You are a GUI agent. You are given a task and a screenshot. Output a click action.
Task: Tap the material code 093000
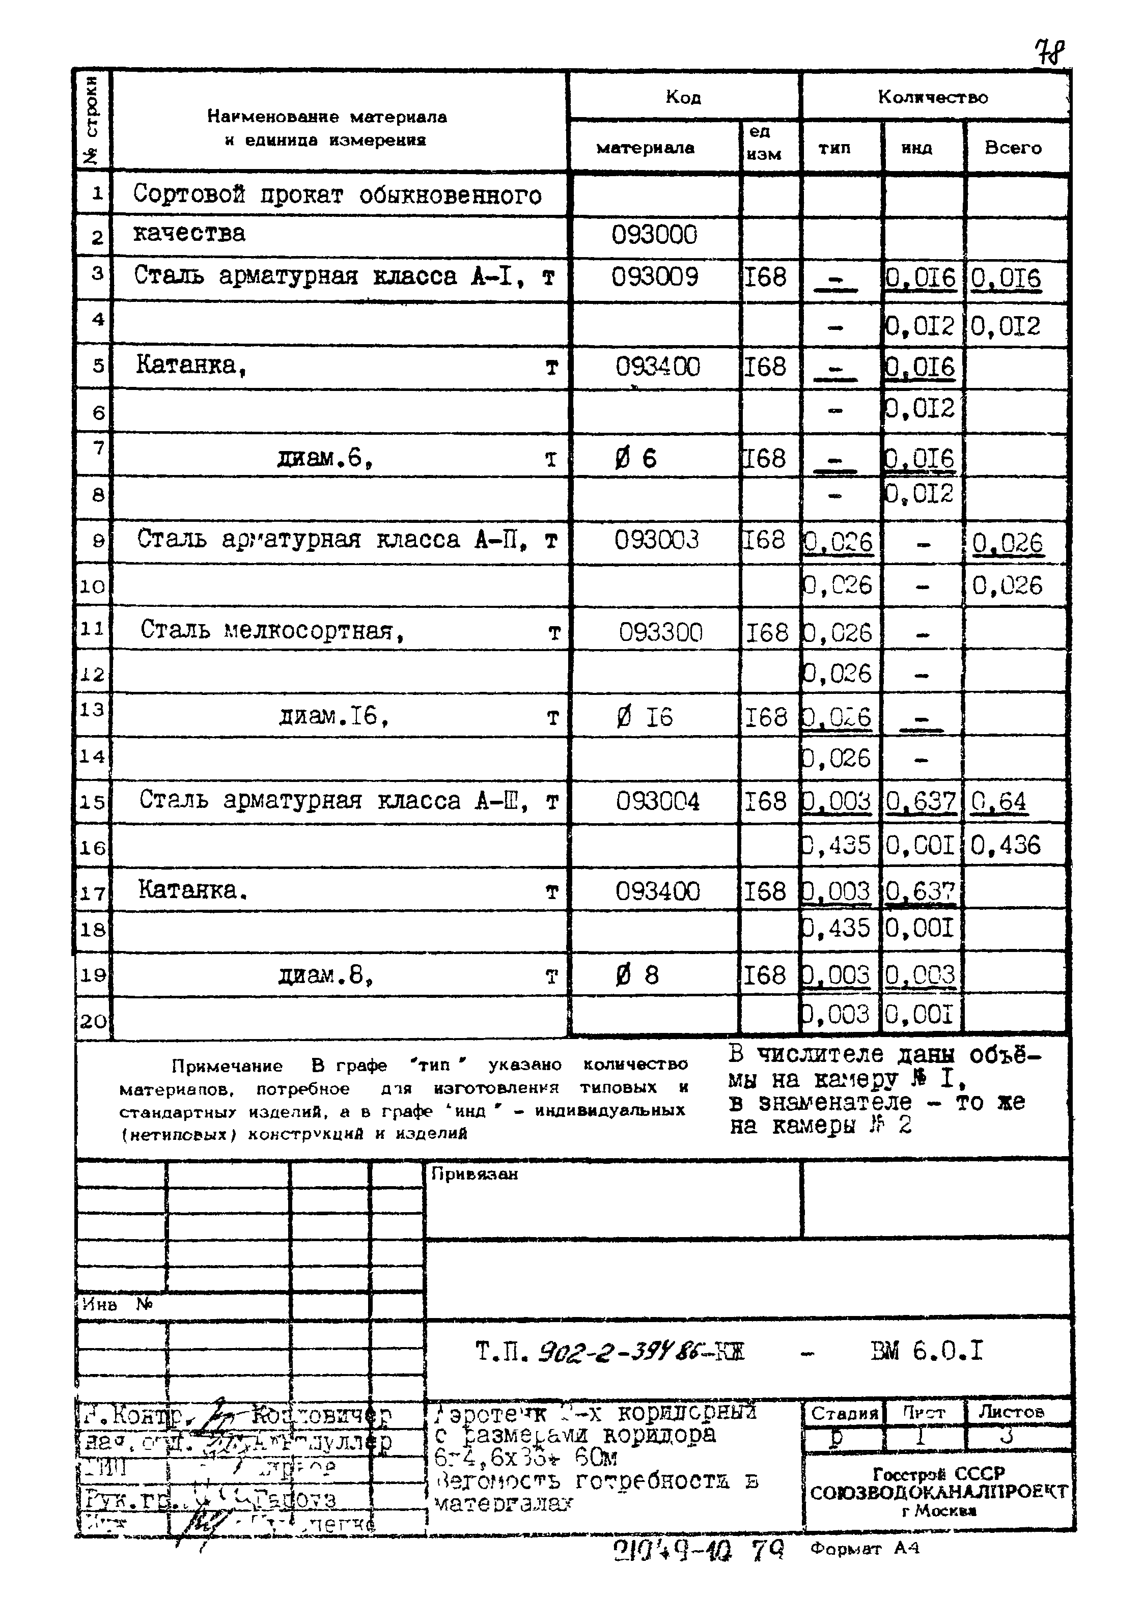coord(654,235)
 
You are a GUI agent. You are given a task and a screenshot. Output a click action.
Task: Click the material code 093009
coord(655,276)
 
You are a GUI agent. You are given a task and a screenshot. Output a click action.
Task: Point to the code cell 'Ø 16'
coord(645,718)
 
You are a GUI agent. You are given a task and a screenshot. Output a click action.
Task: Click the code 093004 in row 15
coord(657,801)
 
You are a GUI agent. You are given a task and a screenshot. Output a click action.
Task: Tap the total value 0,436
coord(1005,845)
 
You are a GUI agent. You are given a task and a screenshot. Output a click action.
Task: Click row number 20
coord(93,1021)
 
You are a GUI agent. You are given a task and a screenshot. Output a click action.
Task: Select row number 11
coord(92,628)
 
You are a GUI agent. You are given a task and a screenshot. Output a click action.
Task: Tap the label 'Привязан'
coord(474,1174)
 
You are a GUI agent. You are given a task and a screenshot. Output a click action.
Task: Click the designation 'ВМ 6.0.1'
coord(927,1352)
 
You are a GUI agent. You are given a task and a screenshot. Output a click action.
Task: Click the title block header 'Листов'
coord(1015,1412)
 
